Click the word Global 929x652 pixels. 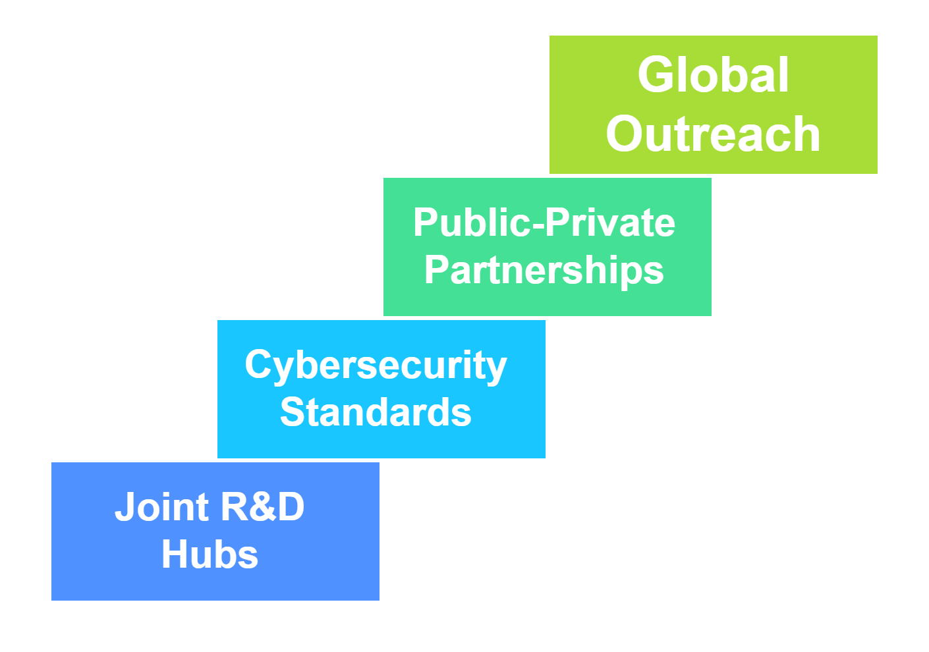point(713,75)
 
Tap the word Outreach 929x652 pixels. point(713,134)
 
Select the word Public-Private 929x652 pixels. point(544,223)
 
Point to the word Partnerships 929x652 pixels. point(544,270)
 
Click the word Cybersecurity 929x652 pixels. point(376,366)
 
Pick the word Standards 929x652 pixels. point(376,413)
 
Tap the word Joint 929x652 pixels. point(162,507)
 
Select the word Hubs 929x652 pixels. point(210,555)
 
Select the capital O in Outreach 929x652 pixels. point(627,134)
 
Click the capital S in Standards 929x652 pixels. point(293,413)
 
